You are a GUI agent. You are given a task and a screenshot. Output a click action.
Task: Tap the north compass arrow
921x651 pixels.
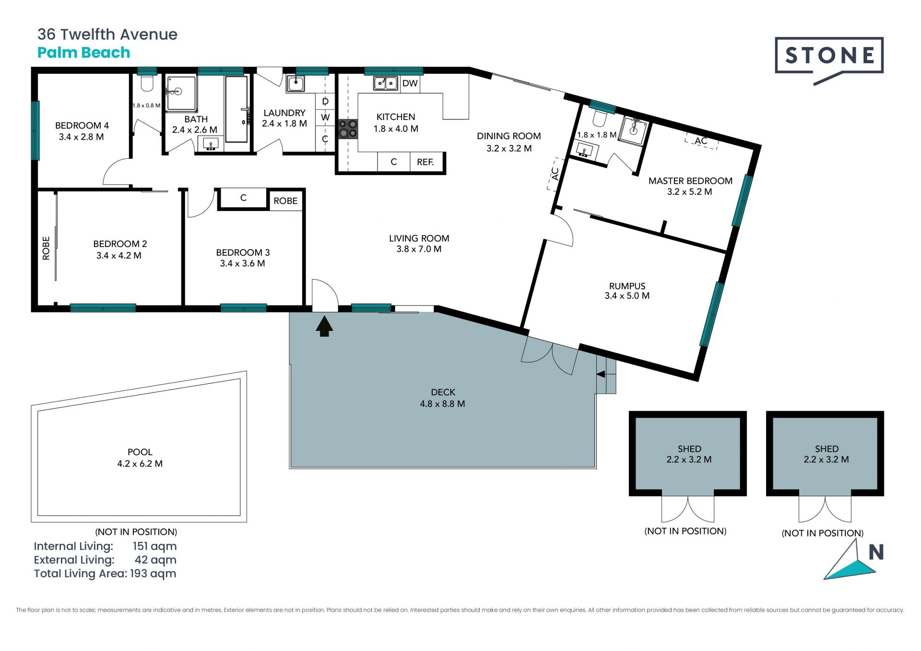(x=850, y=561)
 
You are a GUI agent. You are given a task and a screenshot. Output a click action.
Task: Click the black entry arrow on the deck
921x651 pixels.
(x=324, y=326)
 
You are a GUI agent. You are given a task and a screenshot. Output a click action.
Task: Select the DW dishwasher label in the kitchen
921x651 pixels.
(x=410, y=83)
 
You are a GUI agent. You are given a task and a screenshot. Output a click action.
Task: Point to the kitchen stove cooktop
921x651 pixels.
(x=348, y=129)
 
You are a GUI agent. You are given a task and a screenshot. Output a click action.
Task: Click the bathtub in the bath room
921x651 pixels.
(x=236, y=109)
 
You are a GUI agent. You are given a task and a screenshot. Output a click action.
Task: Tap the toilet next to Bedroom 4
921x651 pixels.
(x=147, y=83)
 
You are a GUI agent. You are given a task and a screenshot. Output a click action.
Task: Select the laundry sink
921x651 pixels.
(x=295, y=84)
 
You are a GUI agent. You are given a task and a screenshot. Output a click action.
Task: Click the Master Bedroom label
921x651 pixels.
(x=690, y=181)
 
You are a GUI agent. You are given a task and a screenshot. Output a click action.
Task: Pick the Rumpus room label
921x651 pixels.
(x=627, y=286)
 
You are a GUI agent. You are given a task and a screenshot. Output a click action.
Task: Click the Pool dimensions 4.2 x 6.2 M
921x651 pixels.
(x=140, y=464)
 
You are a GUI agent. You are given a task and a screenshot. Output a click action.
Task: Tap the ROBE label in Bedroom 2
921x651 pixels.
(x=46, y=248)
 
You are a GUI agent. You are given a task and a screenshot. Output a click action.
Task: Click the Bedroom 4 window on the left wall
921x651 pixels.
(x=35, y=130)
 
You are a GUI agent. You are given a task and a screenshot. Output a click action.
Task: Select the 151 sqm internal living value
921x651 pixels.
(x=155, y=546)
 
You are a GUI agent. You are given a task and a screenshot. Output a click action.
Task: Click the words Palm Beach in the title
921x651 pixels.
(x=84, y=52)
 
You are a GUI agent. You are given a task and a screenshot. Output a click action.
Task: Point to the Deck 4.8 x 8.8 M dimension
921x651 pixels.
(x=443, y=404)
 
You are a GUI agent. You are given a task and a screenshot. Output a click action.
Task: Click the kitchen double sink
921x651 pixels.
(x=386, y=83)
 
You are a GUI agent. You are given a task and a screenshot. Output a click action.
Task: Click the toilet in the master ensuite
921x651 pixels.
(x=600, y=117)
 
